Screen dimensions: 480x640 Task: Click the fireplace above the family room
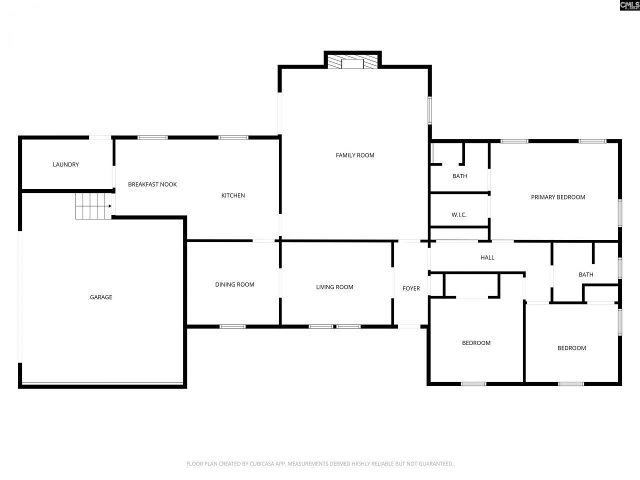click(x=352, y=62)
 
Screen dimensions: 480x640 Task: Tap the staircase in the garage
click(x=93, y=206)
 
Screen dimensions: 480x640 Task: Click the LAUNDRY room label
click(x=66, y=164)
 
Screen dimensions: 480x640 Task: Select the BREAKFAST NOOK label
click(x=152, y=184)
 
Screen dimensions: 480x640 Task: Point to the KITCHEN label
click(x=233, y=195)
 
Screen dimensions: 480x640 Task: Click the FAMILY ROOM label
click(x=355, y=155)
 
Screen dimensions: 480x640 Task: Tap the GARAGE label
click(x=101, y=297)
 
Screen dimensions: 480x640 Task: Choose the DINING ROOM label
click(x=234, y=285)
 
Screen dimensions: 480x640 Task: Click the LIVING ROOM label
click(x=334, y=287)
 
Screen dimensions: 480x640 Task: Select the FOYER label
click(x=411, y=288)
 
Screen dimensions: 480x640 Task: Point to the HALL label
click(x=487, y=257)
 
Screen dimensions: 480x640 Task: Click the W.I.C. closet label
click(x=459, y=215)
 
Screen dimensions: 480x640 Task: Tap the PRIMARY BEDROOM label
click(x=558, y=197)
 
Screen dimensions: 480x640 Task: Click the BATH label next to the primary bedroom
click(x=459, y=176)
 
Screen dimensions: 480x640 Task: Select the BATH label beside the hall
click(x=586, y=274)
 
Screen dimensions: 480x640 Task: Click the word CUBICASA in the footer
click(x=262, y=464)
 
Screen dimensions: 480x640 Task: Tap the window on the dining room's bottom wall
click(x=232, y=327)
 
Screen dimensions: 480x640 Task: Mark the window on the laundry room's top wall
click(x=100, y=137)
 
